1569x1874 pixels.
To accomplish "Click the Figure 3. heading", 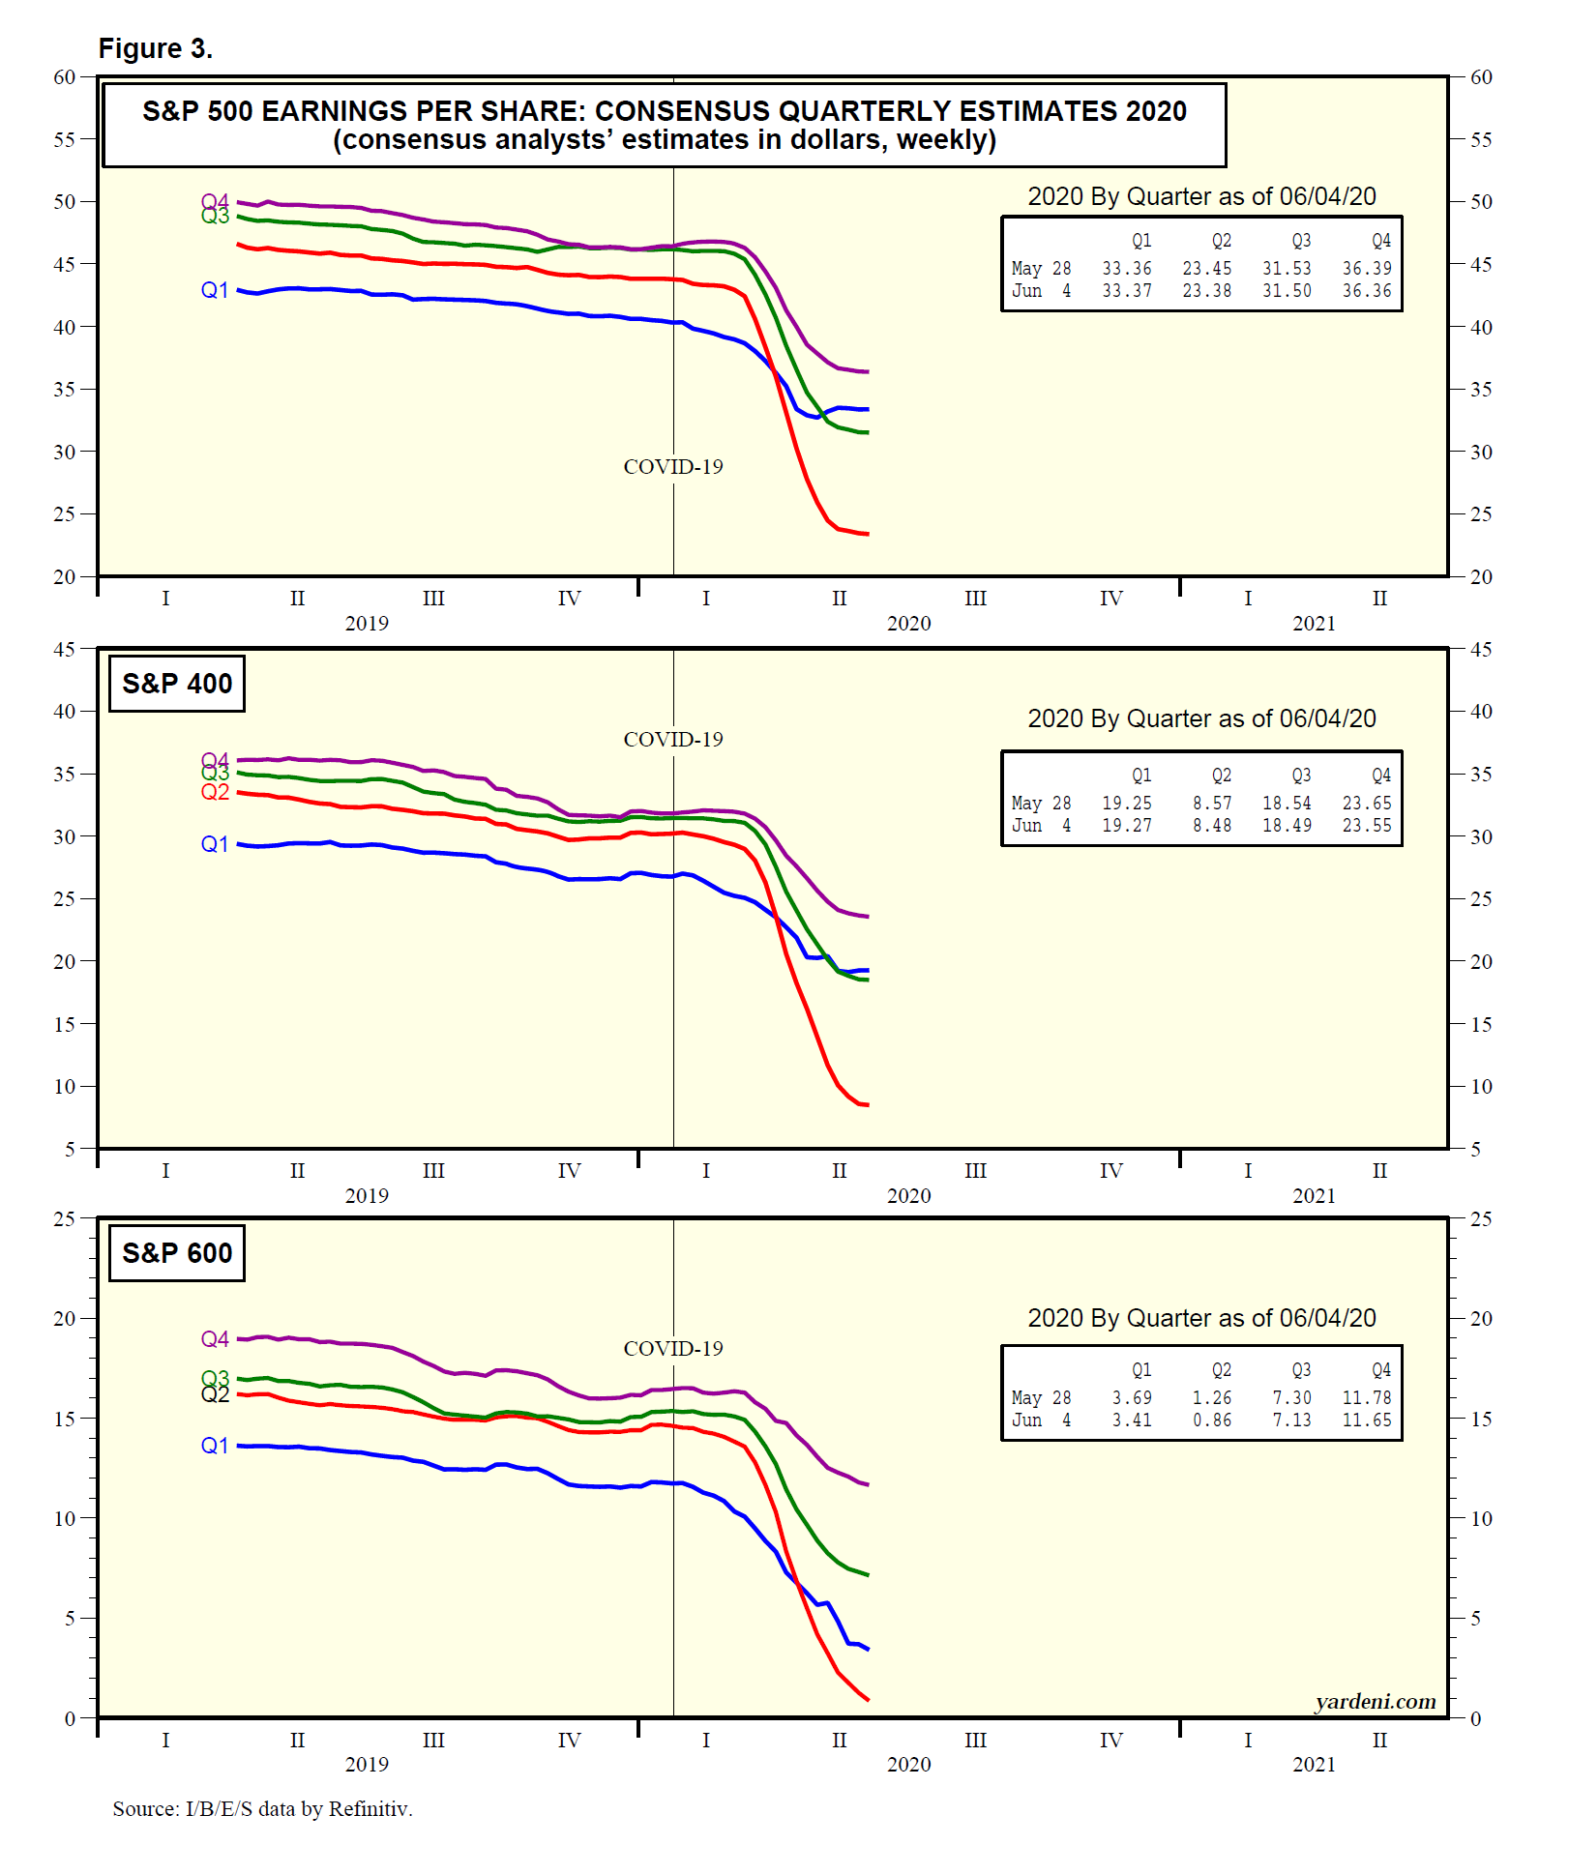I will coord(155,48).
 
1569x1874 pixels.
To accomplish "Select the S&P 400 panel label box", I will coord(176,684).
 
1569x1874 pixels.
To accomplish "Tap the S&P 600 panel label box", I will coord(176,1253).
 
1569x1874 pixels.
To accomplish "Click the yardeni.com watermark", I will coord(1375,1701).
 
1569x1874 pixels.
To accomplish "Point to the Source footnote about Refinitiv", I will coord(262,1808).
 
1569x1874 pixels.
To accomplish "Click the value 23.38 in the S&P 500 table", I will coord(1206,291).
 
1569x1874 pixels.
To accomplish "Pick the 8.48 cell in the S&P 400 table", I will coord(1211,826).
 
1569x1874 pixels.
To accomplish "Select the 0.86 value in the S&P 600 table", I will coord(1211,1420).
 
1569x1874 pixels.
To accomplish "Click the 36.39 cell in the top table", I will coord(1366,269).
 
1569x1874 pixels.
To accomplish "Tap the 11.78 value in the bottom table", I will coord(1366,1398).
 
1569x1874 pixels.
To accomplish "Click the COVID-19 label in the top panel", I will coord(673,467).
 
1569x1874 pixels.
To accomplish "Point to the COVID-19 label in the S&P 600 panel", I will coord(673,1349).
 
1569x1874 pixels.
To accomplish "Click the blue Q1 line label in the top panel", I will coord(215,290).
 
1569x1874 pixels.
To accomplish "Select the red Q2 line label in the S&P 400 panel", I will coord(215,793).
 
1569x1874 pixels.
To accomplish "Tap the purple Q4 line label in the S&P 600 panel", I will coord(215,1339).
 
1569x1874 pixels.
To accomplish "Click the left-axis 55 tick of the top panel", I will coord(64,139).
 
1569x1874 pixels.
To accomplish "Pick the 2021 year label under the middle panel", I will coord(1314,1196).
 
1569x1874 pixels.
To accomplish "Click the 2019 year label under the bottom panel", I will coord(367,1765).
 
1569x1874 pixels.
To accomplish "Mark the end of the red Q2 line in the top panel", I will coord(867,534).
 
